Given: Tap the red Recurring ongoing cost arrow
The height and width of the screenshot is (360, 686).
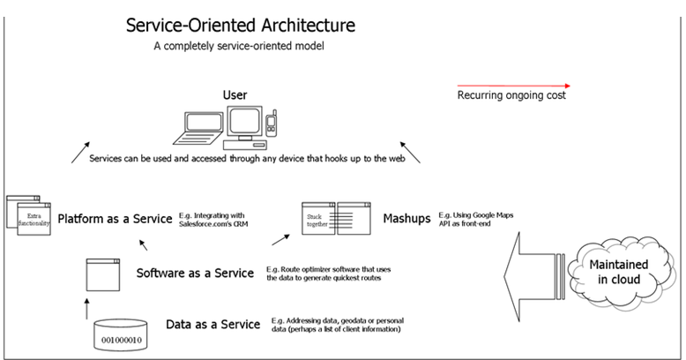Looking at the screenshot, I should coord(513,86).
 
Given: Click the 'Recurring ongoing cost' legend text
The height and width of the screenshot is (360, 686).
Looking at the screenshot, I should coord(511,95).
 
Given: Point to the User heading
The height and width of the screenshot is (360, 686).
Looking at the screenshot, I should coord(235,94).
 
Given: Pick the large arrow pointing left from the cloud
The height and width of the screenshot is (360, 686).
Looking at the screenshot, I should coord(529,270).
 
